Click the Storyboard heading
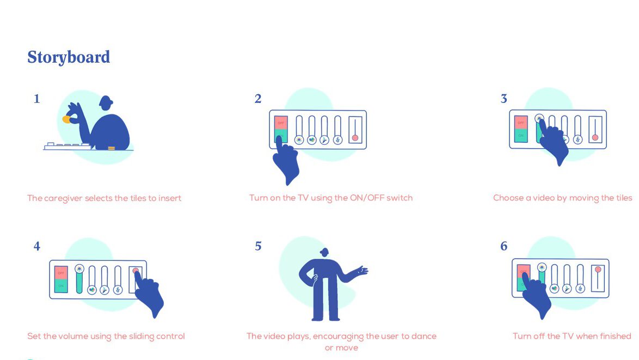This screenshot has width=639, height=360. [x=69, y=58]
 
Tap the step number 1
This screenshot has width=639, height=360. [x=36, y=99]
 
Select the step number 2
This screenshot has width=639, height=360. [x=258, y=99]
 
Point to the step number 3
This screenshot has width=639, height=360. [x=503, y=99]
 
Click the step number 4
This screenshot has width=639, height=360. [x=36, y=246]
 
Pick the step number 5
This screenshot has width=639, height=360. [x=258, y=246]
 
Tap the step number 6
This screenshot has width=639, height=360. [x=503, y=246]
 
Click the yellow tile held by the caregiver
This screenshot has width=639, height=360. [x=66, y=119]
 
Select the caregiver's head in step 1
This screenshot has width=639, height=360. [x=106, y=103]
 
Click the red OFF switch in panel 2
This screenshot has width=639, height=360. [x=281, y=123]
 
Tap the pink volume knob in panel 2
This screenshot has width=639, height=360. [x=355, y=138]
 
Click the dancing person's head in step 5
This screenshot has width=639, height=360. [x=324, y=252]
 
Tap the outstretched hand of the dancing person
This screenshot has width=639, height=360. [x=361, y=270]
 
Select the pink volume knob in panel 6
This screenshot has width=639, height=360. [x=598, y=270]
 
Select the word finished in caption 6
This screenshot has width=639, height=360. [x=616, y=336]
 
